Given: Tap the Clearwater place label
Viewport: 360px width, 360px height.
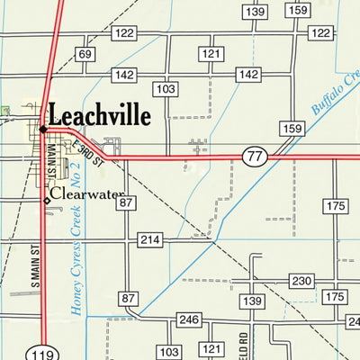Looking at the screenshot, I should (x=86, y=193).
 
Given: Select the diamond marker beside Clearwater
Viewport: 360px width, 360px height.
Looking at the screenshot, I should (x=47, y=200).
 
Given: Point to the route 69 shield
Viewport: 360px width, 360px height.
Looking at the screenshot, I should (x=85, y=55).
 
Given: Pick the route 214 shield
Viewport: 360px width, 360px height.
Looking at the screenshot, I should (x=149, y=240).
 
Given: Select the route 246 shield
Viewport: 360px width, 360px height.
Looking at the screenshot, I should (x=188, y=319).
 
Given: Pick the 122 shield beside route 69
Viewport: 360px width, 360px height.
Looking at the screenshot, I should (x=125, y=33).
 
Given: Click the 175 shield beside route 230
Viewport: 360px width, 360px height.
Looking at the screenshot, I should (x=336, y=297).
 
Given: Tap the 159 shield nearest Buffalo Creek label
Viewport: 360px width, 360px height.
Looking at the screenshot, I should (x=291, y=130).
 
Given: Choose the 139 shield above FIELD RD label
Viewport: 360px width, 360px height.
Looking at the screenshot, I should (x=252, y=300).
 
